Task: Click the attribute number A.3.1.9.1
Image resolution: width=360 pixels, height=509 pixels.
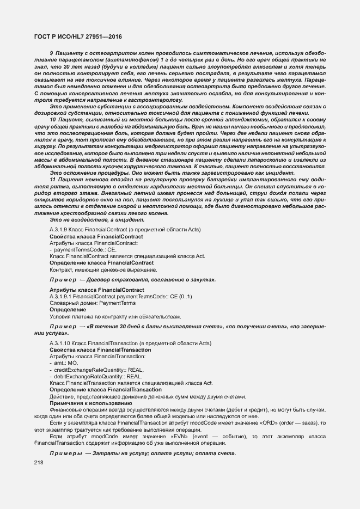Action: (63, 296)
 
